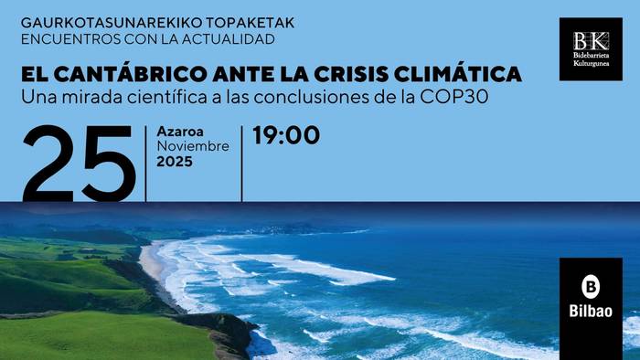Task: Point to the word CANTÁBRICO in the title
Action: pos(129,73)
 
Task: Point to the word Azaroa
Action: pos(178,132)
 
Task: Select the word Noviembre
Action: pos(193,146)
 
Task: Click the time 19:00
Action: pos(286,136)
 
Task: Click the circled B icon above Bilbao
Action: pos(590,284)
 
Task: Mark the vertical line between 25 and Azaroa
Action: pos(146,163)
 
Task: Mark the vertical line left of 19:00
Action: pos(242,163)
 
